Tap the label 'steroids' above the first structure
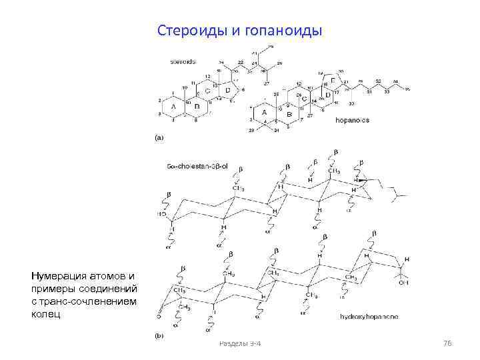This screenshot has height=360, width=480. (x=183, y=61)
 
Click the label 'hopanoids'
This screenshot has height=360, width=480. (x=352, y=120)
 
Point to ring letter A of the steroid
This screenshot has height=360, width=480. (x=173, y=106)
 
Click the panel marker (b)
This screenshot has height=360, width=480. (x=159, y=337)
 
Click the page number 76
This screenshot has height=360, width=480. (x=447, y=343)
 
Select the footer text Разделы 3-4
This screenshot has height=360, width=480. (x=240, y=343)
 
